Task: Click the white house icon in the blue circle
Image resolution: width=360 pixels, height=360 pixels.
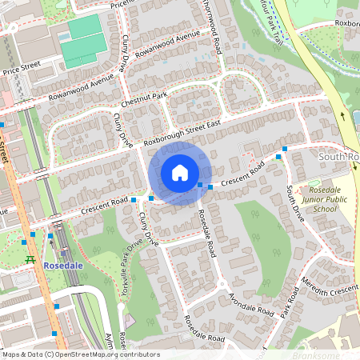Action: pyautogui.click(x=180, y=173)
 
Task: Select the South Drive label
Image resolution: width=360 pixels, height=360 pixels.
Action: pyautogui.click(x=293, y=203)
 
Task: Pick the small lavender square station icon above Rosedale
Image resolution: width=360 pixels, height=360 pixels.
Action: pyautogui.click(x=50, y=237)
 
